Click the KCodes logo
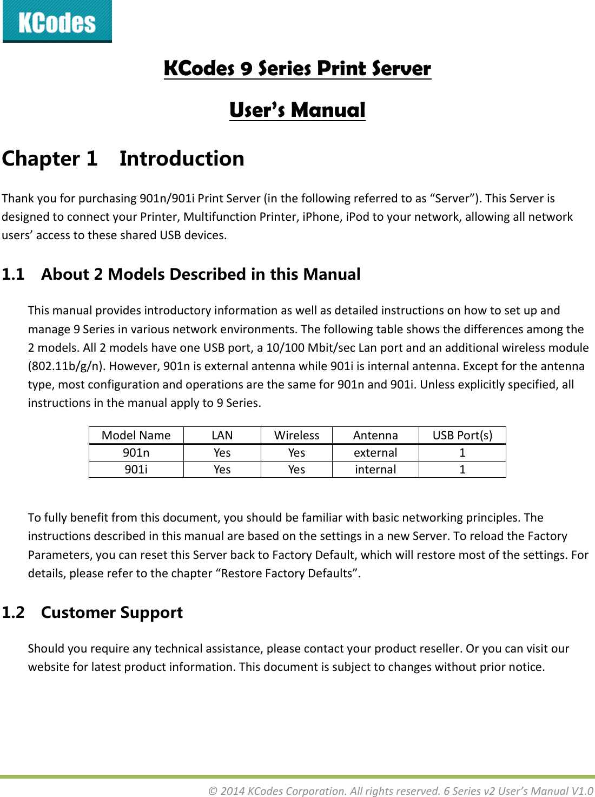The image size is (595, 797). click(57, 22)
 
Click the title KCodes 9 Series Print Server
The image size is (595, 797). click(297, 69)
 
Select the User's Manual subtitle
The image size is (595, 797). click(297, 110)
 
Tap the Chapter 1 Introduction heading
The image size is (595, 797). click(123, 159)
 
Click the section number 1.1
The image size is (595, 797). click(13, 274)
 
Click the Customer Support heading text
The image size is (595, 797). click(112, 612)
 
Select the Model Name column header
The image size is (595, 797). click(136, 436)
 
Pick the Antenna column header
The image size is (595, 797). click(375, 436)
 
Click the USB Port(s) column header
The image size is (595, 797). click(462, 436)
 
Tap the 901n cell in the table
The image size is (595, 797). click(136, 453)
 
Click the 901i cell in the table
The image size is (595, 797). click(136, 470)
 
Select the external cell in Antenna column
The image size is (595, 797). click(375, 453)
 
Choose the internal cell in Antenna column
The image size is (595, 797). click(375, 470)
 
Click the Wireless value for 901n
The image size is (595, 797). click(296, 453)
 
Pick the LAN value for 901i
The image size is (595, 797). click(222, 470)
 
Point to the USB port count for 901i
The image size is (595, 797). click(462, 470)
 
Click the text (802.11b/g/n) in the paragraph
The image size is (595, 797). click(67, 366)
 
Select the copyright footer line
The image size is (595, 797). click(400, 791)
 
